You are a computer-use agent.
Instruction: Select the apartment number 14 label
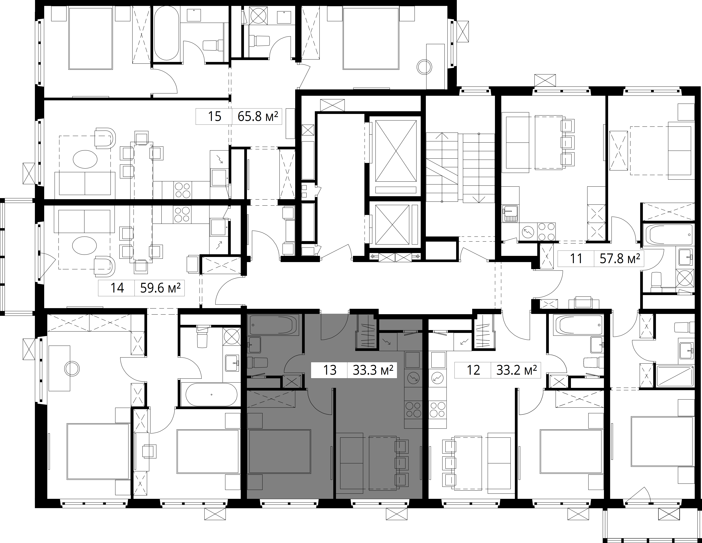[x=117, y=288]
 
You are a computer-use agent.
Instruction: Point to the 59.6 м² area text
[x=160, y=288]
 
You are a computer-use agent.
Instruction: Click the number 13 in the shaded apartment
[x=330, y=370]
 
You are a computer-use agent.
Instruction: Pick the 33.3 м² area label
[x=373, y=370]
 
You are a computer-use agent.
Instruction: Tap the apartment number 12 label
[x=473, y=370]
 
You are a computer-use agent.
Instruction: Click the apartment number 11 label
[x=576, y=259]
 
